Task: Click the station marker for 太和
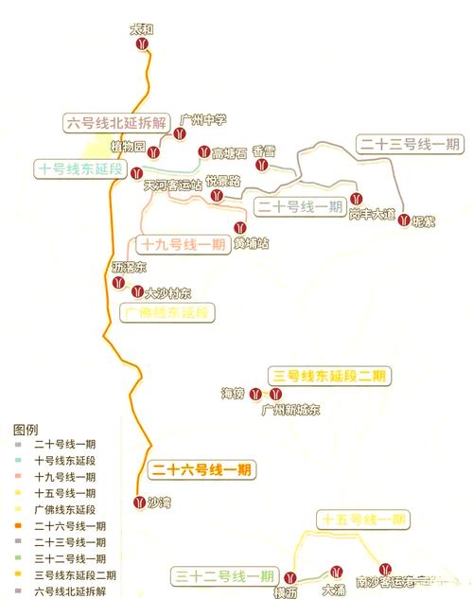142,44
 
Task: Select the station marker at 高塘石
202,151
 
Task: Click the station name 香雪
264,151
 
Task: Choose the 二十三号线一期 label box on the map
410,144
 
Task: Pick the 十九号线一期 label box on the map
183,244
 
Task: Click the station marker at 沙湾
141,502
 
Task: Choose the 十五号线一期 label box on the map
363,520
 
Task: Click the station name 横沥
287,592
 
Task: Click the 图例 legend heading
26,428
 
